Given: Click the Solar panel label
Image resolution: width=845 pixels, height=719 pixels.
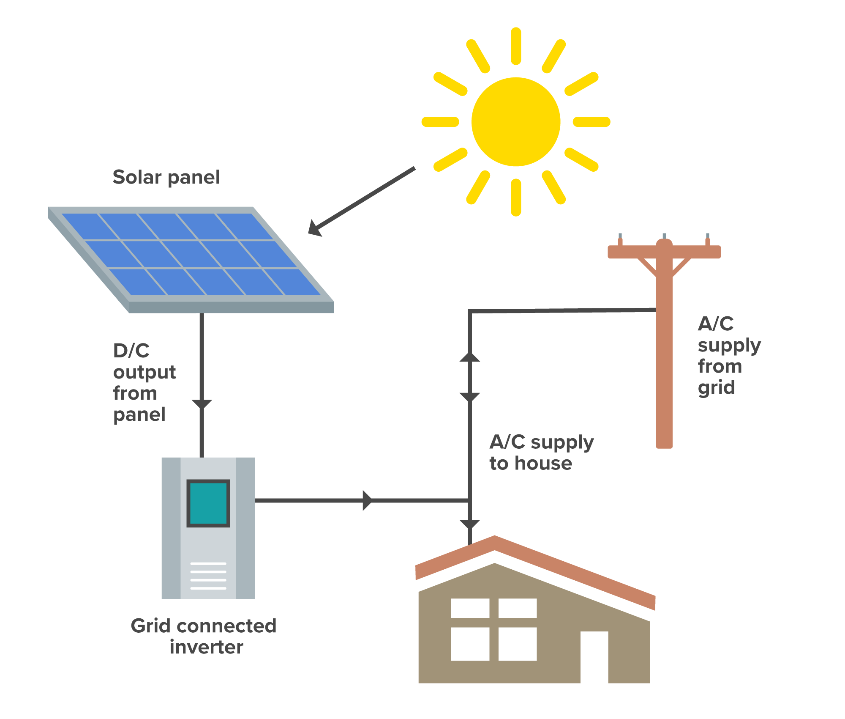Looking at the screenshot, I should (166, 177).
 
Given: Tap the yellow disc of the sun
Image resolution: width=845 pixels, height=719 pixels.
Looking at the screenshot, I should (516, 122).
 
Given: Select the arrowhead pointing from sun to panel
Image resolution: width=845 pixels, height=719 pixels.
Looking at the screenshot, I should (315, 228).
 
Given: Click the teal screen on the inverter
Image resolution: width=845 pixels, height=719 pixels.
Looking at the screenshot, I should (208, 503).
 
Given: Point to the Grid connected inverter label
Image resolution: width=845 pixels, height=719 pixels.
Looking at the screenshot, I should (204, 636).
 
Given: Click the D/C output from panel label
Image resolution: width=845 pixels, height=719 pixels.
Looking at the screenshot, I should (144, 382).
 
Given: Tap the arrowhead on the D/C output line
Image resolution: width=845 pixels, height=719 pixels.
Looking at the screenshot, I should (202, 404).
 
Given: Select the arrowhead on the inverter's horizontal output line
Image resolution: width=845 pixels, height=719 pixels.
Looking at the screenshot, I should (367, 500).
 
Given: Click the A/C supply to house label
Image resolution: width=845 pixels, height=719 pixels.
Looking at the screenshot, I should (541, 453).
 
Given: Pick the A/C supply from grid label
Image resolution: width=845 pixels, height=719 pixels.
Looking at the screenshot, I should (729, 355).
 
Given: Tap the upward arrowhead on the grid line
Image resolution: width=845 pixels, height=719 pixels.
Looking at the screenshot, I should (469, 357).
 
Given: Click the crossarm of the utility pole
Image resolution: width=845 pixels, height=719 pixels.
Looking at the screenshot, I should (664, 252).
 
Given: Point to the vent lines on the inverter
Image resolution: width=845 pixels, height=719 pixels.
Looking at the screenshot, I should (208, 576).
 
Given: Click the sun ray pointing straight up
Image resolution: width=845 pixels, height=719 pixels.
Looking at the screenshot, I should (516, 46).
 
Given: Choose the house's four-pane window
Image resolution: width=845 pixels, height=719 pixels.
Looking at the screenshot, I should (493, 629).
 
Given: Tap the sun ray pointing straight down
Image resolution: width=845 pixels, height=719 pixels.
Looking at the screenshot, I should (516, 198).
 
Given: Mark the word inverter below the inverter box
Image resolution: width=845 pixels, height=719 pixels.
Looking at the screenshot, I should (206, 647).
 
